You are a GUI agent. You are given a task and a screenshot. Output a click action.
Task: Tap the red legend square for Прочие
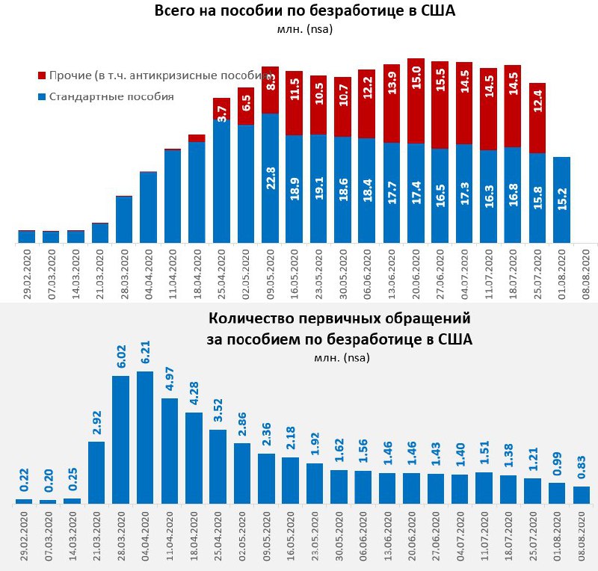pos(41,75)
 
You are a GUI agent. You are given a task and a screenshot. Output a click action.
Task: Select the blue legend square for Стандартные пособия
pos(41,97)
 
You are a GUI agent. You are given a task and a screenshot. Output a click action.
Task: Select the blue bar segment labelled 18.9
pos(295,189)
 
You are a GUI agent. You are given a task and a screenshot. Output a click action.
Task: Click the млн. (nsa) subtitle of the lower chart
pos(340,357)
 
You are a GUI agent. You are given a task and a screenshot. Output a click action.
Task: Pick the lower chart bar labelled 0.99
pos(558,493)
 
